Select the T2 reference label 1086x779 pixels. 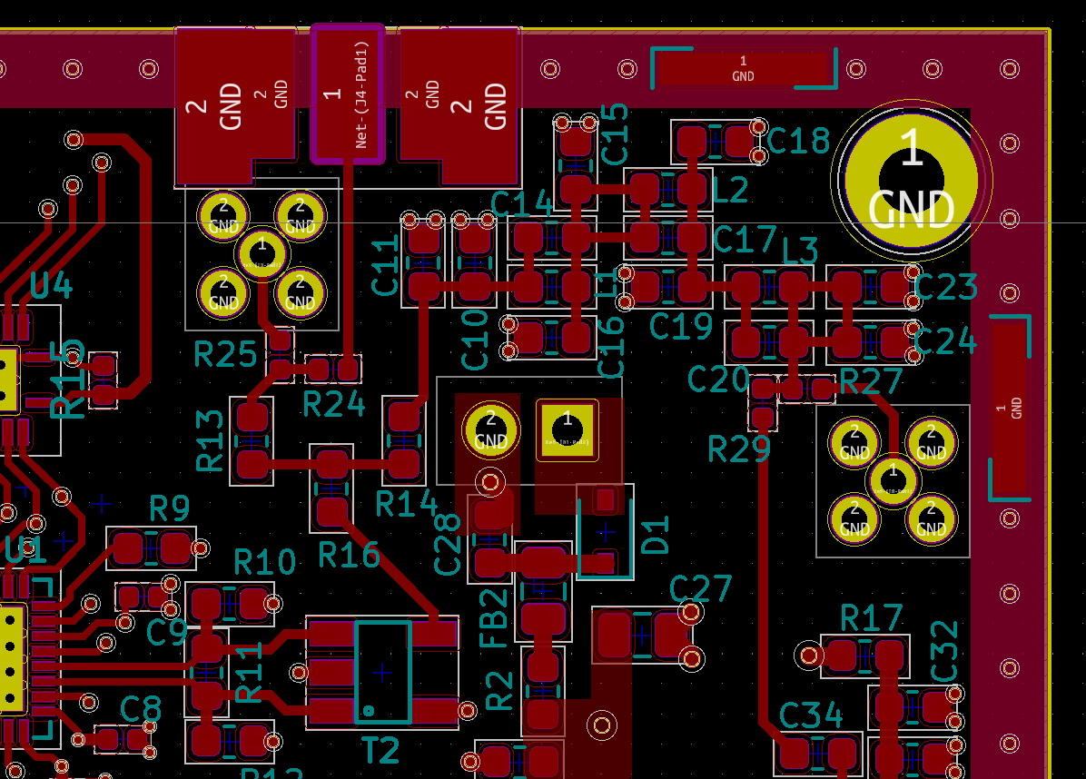tap(380, 750)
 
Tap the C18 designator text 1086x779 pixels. tap(798, 141)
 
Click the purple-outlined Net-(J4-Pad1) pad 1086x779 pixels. tap(347, 94)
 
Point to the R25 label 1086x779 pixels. tap(225, 354)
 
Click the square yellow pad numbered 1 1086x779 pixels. tap(568, 429)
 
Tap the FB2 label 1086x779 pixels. tap(493, 618)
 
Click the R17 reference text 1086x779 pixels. tap(872, 619)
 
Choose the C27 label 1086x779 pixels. tap(700, 589)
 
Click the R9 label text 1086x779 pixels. tap(169, 509)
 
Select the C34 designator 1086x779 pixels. tap(811, 716)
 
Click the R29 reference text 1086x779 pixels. tap(739, 449)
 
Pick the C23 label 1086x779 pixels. tap(945, 288)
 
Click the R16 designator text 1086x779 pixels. tap(349, 553)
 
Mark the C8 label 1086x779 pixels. tap(141, 708)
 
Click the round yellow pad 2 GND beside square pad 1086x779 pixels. tap(490, 429)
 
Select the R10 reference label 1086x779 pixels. tap(264, 563)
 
